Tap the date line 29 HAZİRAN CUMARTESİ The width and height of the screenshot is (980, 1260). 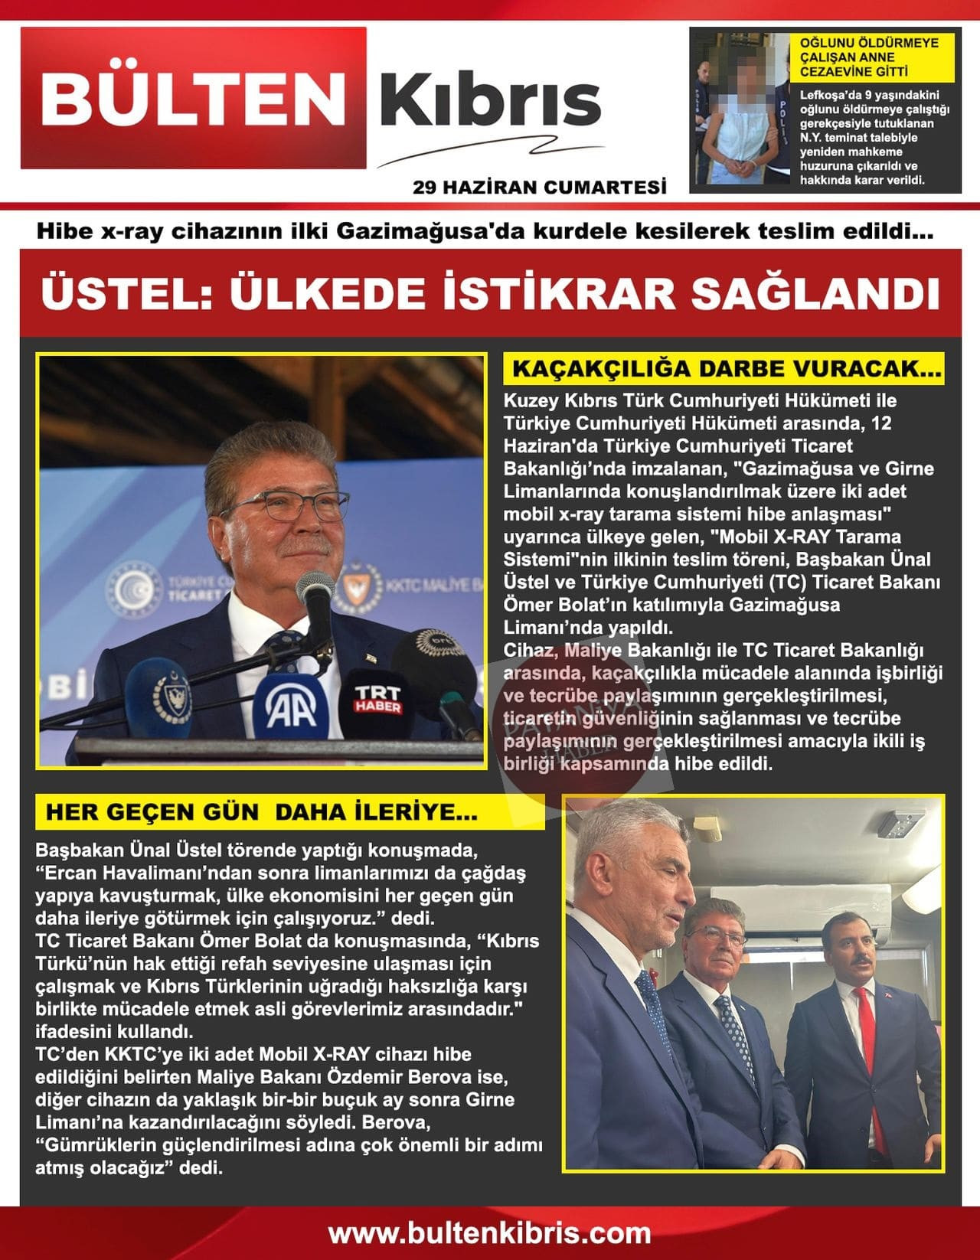click(x=539, y=187)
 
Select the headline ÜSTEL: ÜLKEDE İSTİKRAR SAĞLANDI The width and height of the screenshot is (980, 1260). click(x=490, y=294)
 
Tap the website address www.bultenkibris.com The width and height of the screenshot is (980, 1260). click(x=490, y=1234)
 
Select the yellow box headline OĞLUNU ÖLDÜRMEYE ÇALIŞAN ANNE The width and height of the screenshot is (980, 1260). click(x=868, y=57)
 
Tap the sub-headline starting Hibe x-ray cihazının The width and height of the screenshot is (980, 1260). click(x=485, y=230)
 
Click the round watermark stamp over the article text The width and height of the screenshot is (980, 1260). click(x=544, y=727)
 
